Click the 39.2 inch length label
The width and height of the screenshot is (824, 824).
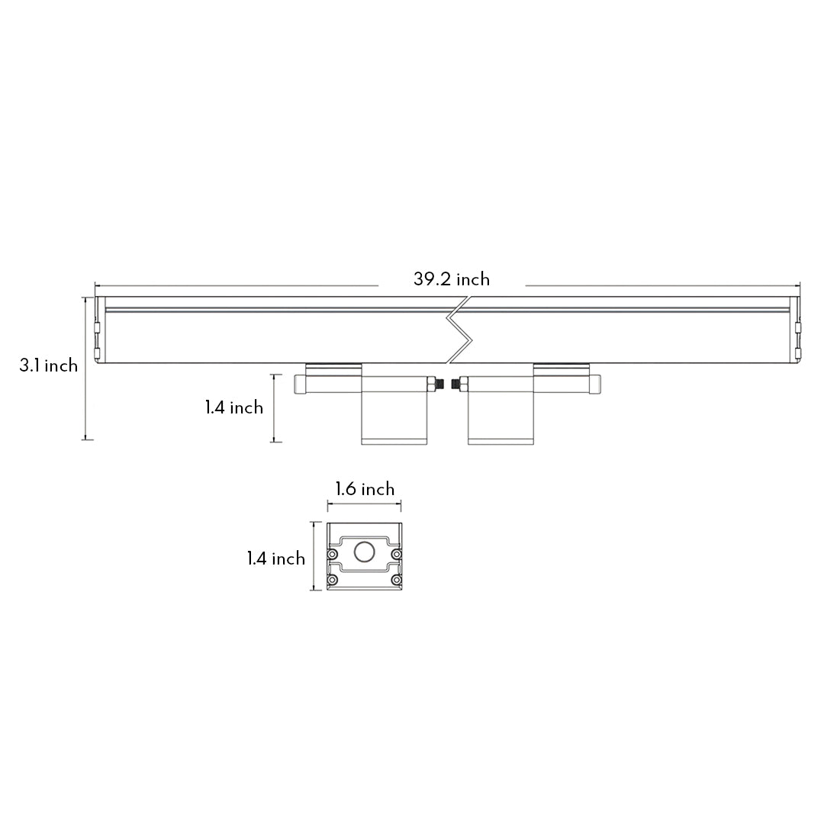[x=452, y=279]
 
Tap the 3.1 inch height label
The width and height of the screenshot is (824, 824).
[x=49, y=365]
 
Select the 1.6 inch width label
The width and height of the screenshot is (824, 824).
[x=365, y=489]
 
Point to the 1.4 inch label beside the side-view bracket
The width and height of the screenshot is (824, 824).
[x=233, y=407]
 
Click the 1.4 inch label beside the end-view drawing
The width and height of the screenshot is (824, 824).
[x=275, y=559]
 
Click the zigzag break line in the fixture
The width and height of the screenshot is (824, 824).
[x=460, y=330]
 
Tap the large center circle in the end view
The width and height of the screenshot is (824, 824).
[x=365, y=552]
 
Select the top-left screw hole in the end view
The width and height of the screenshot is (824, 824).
[x=333, y=553]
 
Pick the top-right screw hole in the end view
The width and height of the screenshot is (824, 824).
[x=396, y=553]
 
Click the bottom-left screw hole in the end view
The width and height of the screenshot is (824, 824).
[x=333, y=580]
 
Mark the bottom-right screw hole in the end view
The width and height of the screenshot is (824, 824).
[x=396, y=580]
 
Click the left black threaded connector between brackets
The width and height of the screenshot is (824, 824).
[x=441, y=383]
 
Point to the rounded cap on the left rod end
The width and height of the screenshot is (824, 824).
[x=299, y=383]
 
